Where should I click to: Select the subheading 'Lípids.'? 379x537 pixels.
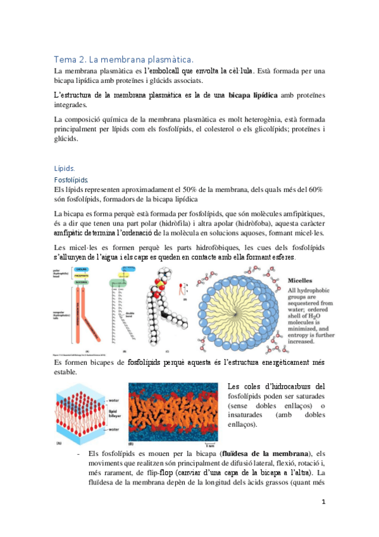65,168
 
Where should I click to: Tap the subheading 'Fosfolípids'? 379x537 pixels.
70,180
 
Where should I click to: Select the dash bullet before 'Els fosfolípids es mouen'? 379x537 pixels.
77,454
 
